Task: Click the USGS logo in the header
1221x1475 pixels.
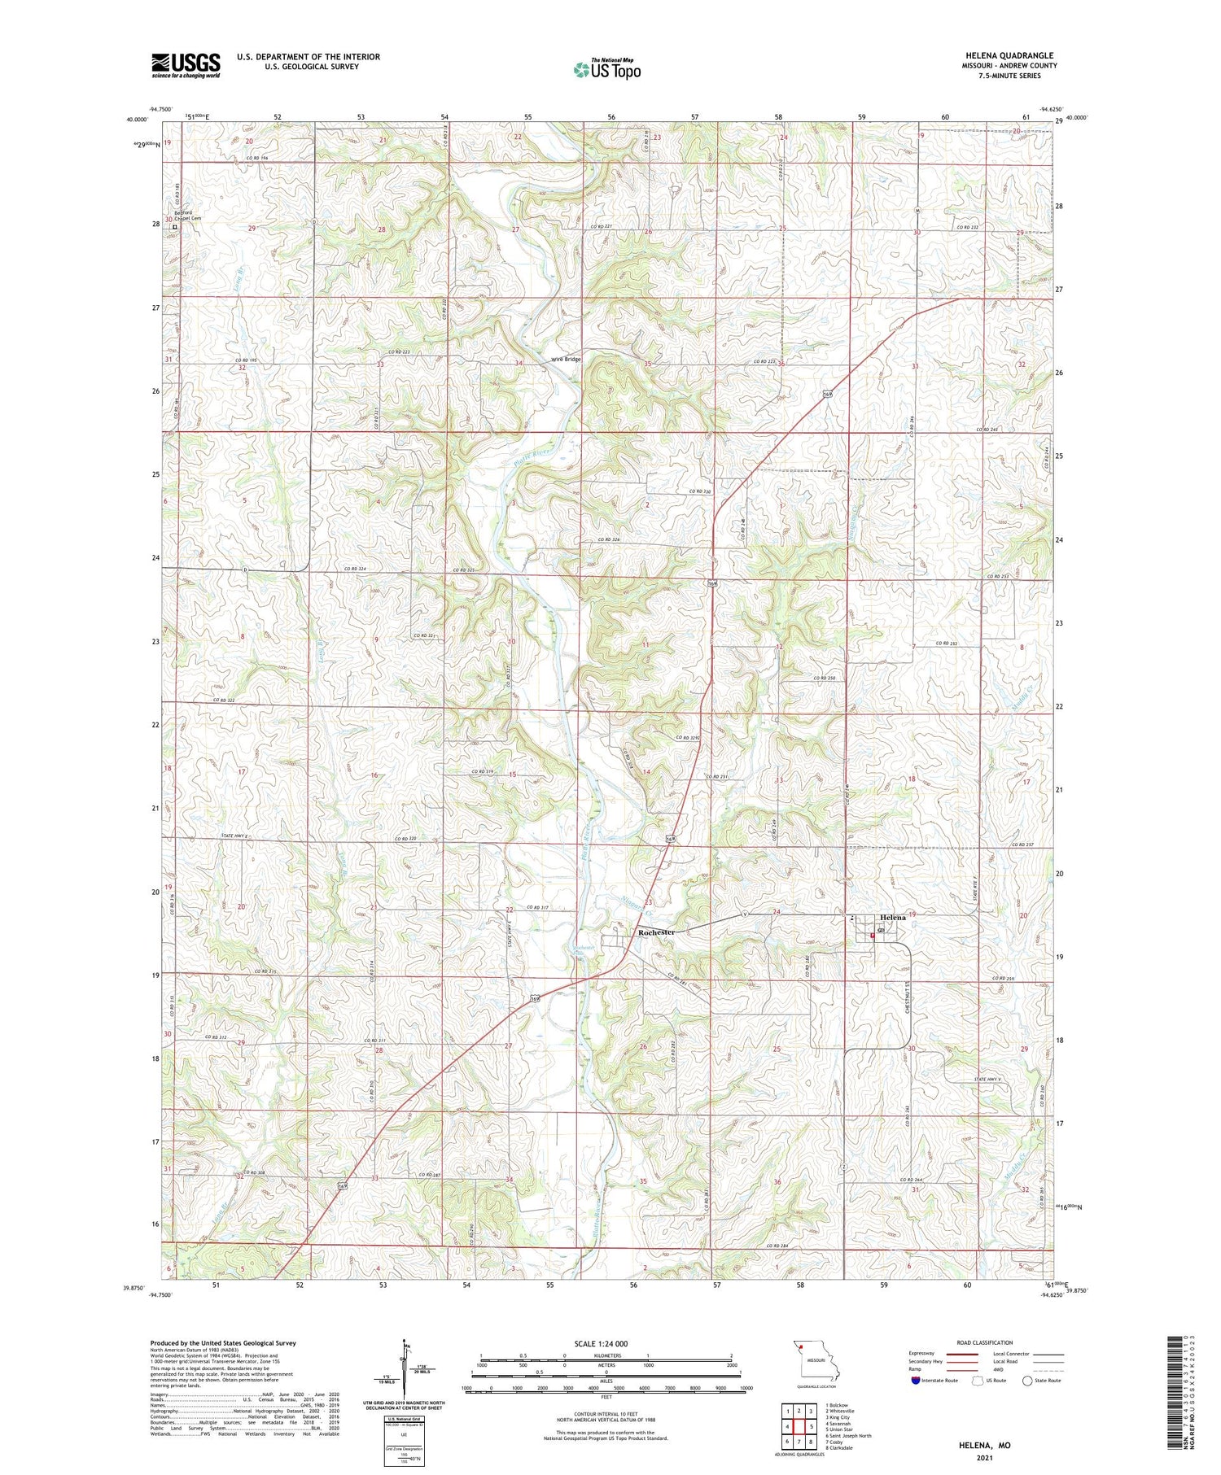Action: (186, 65)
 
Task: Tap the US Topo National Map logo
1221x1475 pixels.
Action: (607, 69)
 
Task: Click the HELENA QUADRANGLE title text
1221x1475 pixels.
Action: (1009, 55)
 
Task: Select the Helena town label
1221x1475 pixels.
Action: (892, 918)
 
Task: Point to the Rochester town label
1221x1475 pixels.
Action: (656, 932)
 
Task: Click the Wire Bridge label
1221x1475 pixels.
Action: (566, 359)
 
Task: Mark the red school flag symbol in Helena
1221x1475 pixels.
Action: (873, 936)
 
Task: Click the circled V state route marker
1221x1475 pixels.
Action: (745, 914)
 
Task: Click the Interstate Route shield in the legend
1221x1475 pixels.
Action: (916, 1381)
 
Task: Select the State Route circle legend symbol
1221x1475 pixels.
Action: (1028, 1381)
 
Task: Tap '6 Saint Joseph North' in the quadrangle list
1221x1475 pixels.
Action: (848, 1435)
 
